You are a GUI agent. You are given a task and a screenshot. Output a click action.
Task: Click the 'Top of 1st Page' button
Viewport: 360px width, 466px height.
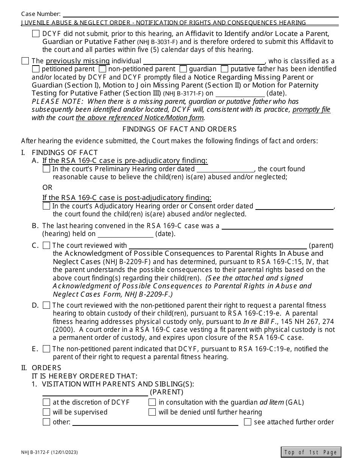(311, 452)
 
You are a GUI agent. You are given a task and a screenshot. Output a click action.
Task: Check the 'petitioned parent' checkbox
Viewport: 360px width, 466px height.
(36, 69)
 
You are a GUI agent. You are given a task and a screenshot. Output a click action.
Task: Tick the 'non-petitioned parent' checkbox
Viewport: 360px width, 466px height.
(102, 69)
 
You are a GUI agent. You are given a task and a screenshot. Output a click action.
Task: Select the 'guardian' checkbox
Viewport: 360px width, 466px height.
(183, 69)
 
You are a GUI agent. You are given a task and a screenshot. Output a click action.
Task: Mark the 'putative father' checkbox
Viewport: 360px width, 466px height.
(224, 69)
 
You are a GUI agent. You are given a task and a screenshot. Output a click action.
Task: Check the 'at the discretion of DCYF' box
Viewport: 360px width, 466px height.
(46, 402)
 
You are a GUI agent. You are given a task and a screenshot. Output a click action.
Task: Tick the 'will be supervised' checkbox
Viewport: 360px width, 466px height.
(46, 412)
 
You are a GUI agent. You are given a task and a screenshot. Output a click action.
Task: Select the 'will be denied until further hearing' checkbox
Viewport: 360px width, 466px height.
(152, 412)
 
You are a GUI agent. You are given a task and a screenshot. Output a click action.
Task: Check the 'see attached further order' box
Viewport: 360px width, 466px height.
(247, 422)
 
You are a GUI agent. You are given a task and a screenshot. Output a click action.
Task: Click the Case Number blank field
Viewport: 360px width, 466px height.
(200, 14)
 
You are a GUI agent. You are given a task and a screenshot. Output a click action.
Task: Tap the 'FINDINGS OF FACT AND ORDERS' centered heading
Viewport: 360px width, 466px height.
(180, 129)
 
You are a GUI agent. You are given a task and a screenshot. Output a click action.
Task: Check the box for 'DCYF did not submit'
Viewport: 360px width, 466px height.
(36, 34)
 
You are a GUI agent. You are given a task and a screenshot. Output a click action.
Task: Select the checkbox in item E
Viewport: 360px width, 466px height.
(46, 349)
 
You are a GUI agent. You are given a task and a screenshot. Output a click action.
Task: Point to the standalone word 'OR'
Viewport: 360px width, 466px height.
(47, 188)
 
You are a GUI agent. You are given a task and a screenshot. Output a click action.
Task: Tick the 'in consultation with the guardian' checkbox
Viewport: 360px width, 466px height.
(152, 402)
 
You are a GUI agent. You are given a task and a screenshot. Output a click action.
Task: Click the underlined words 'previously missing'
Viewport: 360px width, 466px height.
(78, 61)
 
